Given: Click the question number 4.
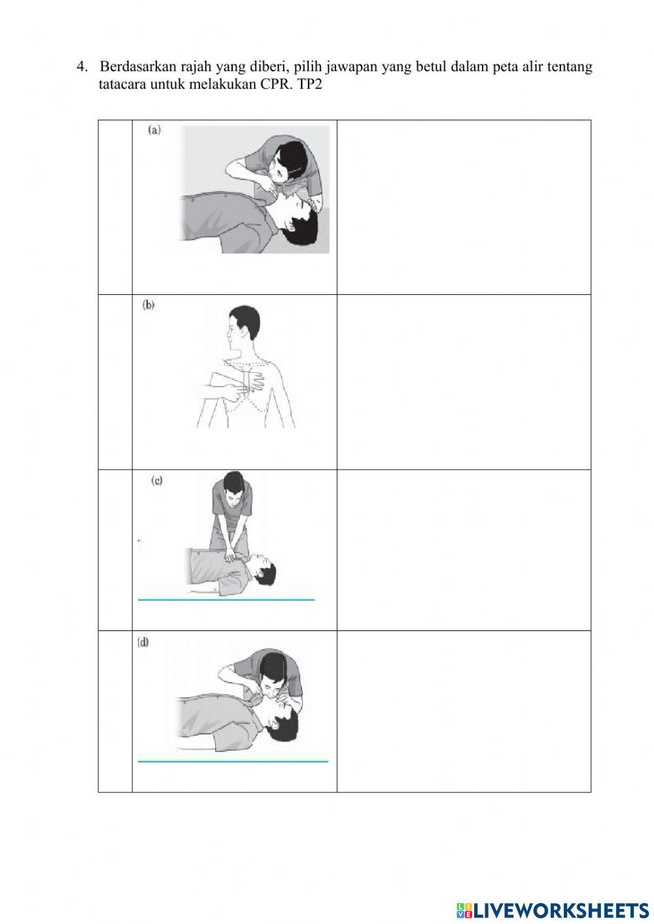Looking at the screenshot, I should pos(81,67).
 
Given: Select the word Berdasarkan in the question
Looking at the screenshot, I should pos(134,67).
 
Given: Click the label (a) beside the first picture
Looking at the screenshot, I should pos(154,130).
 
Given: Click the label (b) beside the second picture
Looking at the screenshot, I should pos(149,305).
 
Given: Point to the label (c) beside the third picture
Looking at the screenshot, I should pos(157,480).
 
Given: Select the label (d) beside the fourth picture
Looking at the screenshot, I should pos(143,642).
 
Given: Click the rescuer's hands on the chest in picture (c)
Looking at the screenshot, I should pos(230,558).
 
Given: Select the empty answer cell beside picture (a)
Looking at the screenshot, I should pos(464,207).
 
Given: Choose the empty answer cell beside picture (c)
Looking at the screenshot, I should pos(464,550).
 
